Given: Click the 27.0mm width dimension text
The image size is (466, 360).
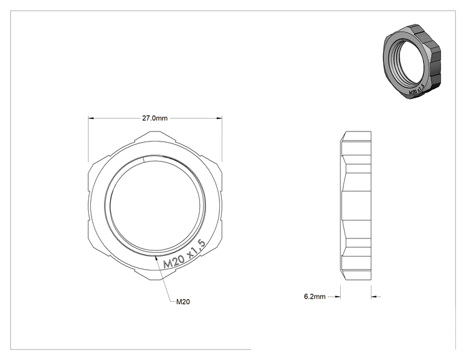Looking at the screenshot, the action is point(155,118).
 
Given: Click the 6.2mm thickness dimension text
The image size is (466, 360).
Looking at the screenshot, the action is point(314,296).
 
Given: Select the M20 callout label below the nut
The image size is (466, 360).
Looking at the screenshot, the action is point(183,302).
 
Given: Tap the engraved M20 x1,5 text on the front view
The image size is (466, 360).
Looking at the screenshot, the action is point(185,255).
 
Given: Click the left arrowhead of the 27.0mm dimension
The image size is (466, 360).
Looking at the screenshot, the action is point(91,118).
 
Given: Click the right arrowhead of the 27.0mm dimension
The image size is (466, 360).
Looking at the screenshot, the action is point(219,118).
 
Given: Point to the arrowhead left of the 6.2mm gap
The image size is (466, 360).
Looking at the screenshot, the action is point(338,296).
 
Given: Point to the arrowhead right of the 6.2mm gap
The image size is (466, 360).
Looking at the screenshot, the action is point(374,296).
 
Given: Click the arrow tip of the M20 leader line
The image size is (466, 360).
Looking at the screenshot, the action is point(155,255).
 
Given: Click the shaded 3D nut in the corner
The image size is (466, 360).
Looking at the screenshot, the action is point(412,62).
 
